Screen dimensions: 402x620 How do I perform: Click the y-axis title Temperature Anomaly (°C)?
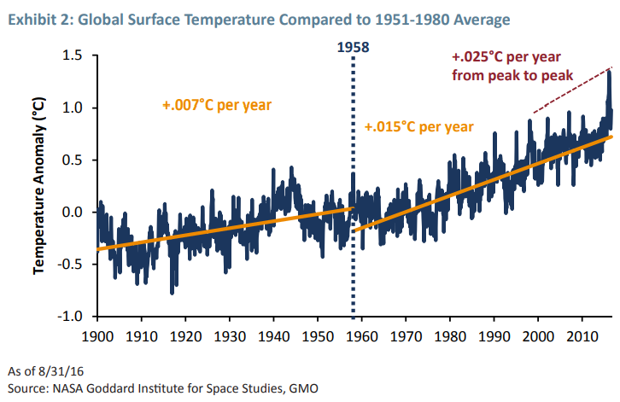coord(40,186)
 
